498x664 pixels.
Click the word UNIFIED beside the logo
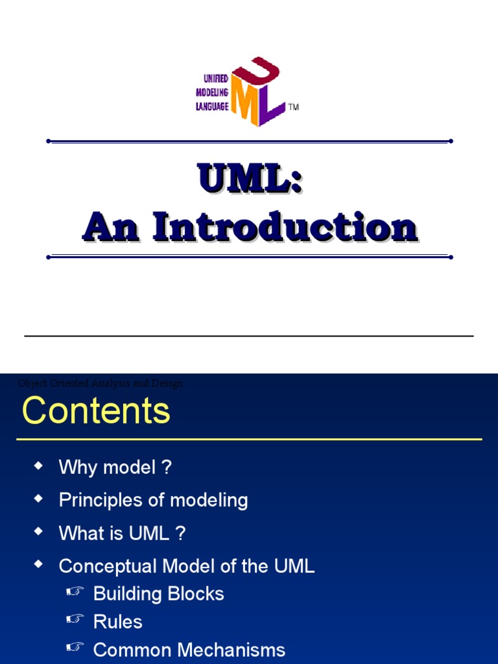pos(212,78)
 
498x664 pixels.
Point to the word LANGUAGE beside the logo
pos(212,106)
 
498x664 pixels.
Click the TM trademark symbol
pos(294,107)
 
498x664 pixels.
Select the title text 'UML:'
pos(250,178)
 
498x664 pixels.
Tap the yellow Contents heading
pos(96,411)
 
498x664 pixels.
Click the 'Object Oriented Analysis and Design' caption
pos(101,383)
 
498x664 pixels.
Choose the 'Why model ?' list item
pos(115,467)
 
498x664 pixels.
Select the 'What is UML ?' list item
pos(122,533)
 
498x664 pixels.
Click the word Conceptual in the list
pos(108,566)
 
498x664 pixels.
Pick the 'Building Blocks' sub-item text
pos(158,594)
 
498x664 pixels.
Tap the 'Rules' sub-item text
pos(117,622)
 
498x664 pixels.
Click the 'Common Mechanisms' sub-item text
pos(189,650)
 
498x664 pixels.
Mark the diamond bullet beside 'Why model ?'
pos(39,466)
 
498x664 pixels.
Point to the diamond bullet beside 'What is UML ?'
pos(39,532)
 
